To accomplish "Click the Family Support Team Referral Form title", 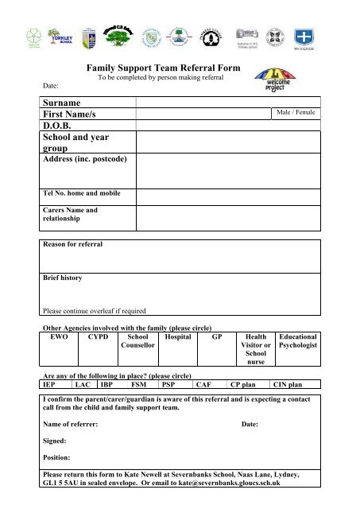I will (x=164, y=70).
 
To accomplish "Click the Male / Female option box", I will (x=296, y=113).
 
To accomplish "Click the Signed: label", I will (x=54, y=440).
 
